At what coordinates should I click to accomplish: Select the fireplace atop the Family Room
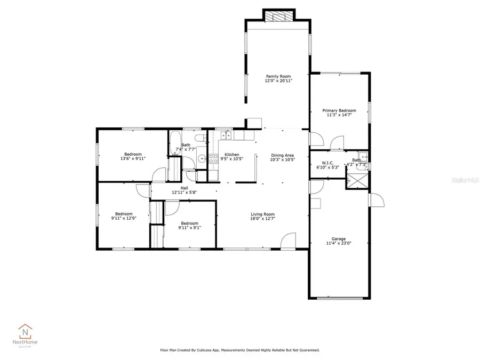pyautogui.click(x=278, y=17)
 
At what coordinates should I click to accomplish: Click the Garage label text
pyautogui.click(x=339, y=238)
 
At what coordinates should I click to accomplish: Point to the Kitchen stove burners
pyautogui.click(x=213, y=158)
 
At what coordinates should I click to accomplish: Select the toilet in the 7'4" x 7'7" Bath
pyautogui.click(x=199, y=140)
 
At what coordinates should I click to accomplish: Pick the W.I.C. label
pyautogui.click(x=327, y=163)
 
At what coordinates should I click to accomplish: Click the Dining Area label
pyautogui.click(x=282, y=155)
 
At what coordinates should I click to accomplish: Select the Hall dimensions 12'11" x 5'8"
pyautogui.click(x=184, y=193)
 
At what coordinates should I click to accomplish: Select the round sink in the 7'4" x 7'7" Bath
pyautogui.click(x=202, y=158)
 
